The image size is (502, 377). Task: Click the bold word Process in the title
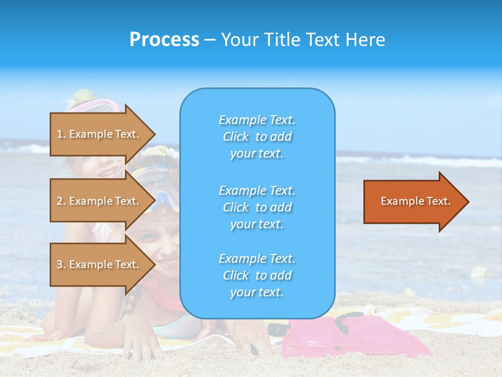[164, 40]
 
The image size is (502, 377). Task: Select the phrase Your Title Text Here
[303, 40]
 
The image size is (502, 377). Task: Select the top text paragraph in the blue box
[257, 137]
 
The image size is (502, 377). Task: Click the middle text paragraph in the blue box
[257, 207]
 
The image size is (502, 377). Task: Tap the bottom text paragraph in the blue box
[257, 275]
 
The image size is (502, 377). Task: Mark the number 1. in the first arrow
[61, 134]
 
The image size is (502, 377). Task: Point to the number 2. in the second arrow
[61, 201]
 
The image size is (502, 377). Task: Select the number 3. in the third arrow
[61, 264]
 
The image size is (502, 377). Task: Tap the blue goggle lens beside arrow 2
[163, 199]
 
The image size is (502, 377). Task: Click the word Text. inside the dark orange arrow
[439, 201]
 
